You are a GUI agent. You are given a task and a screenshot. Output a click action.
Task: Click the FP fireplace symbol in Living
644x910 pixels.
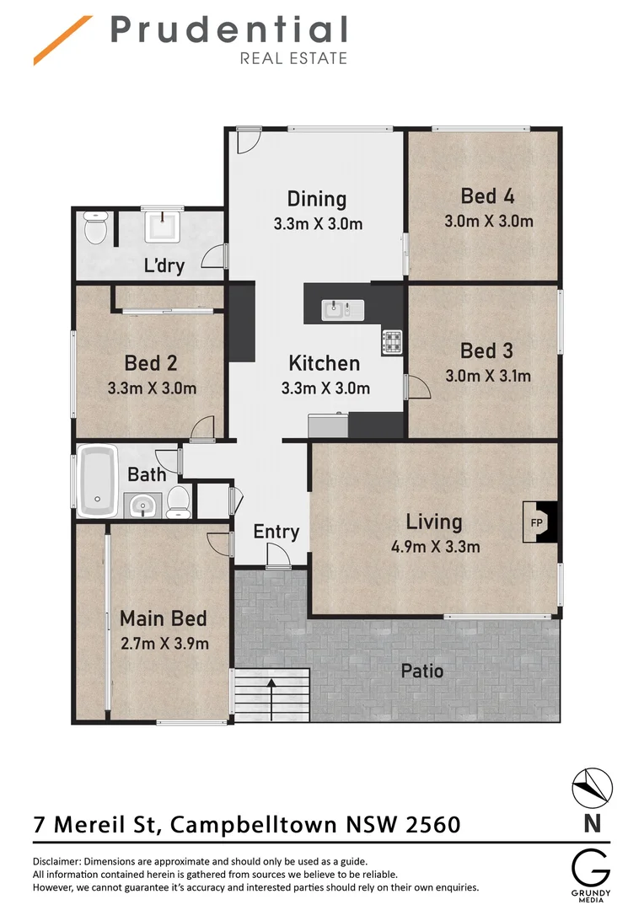tap(537, 522)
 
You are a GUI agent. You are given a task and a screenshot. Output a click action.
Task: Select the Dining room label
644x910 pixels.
tap(317, 199)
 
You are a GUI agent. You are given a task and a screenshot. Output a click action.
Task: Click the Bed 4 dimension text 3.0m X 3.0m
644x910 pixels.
tap(489, 222)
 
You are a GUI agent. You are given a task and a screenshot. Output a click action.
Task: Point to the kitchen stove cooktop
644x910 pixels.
tap(393, 341)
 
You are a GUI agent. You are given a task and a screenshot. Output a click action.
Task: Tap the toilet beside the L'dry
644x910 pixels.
tap(94, 228)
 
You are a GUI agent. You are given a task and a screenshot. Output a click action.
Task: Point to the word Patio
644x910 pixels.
tap(422, 672)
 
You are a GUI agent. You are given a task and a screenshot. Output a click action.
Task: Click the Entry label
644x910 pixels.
tap(276, 532)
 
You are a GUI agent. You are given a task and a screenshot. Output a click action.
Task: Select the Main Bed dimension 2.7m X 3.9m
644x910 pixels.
tap(164, 644)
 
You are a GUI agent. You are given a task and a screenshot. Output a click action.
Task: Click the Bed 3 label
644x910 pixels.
tap(486, 350)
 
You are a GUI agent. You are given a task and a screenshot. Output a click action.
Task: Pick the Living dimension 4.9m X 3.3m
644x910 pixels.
tap(435, 546)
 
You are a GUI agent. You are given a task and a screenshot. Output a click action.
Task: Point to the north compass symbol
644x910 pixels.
tap(593, 789)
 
